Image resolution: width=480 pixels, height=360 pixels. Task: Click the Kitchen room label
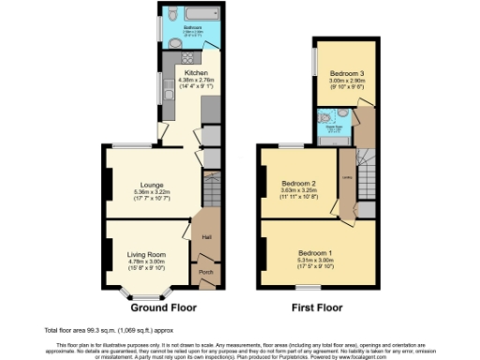196,72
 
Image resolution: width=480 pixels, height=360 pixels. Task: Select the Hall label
205,236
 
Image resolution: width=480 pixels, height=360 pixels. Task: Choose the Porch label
205,274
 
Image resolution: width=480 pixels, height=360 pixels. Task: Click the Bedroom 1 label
316,253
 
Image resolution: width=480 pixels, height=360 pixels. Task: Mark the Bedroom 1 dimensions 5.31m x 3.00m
316,261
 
